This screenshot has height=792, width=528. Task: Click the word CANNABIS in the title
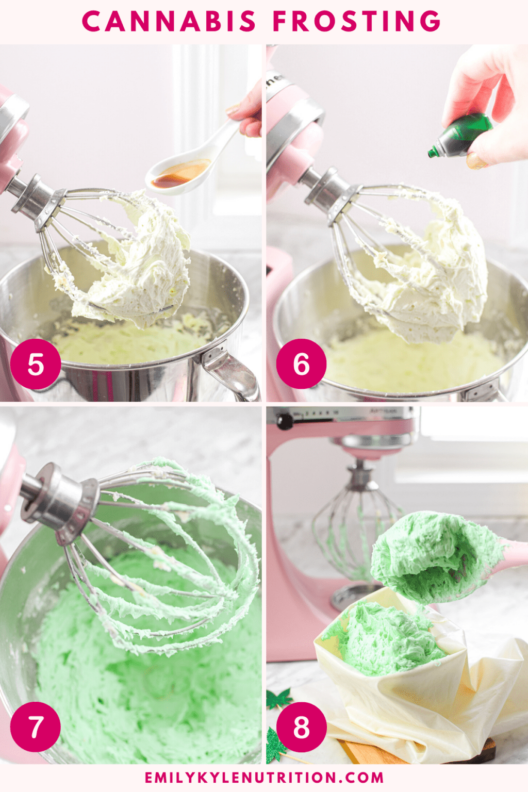169,22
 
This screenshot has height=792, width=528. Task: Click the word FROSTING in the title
357,22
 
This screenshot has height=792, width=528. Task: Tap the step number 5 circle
36,364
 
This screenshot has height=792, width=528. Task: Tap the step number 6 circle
301,364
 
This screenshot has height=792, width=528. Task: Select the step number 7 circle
36,727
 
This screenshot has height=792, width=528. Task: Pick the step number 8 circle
301,727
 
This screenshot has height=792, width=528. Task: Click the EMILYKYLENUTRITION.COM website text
264,778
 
